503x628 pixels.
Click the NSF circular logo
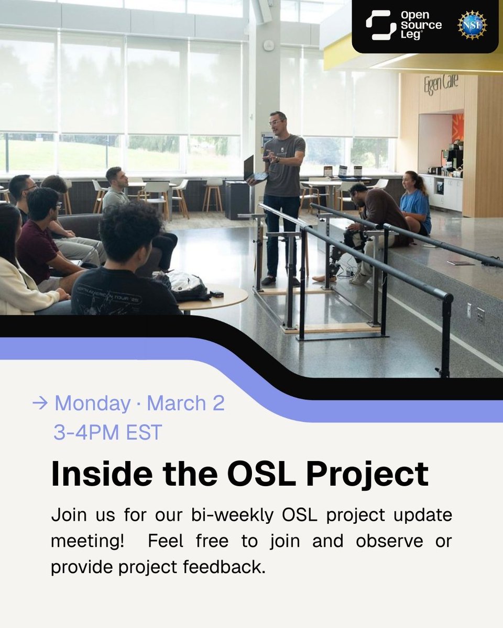click(472, 25)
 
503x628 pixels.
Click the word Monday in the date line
click(92, 403)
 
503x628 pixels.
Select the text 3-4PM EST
click(107, 433)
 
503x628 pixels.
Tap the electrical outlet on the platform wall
click(480, 315)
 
